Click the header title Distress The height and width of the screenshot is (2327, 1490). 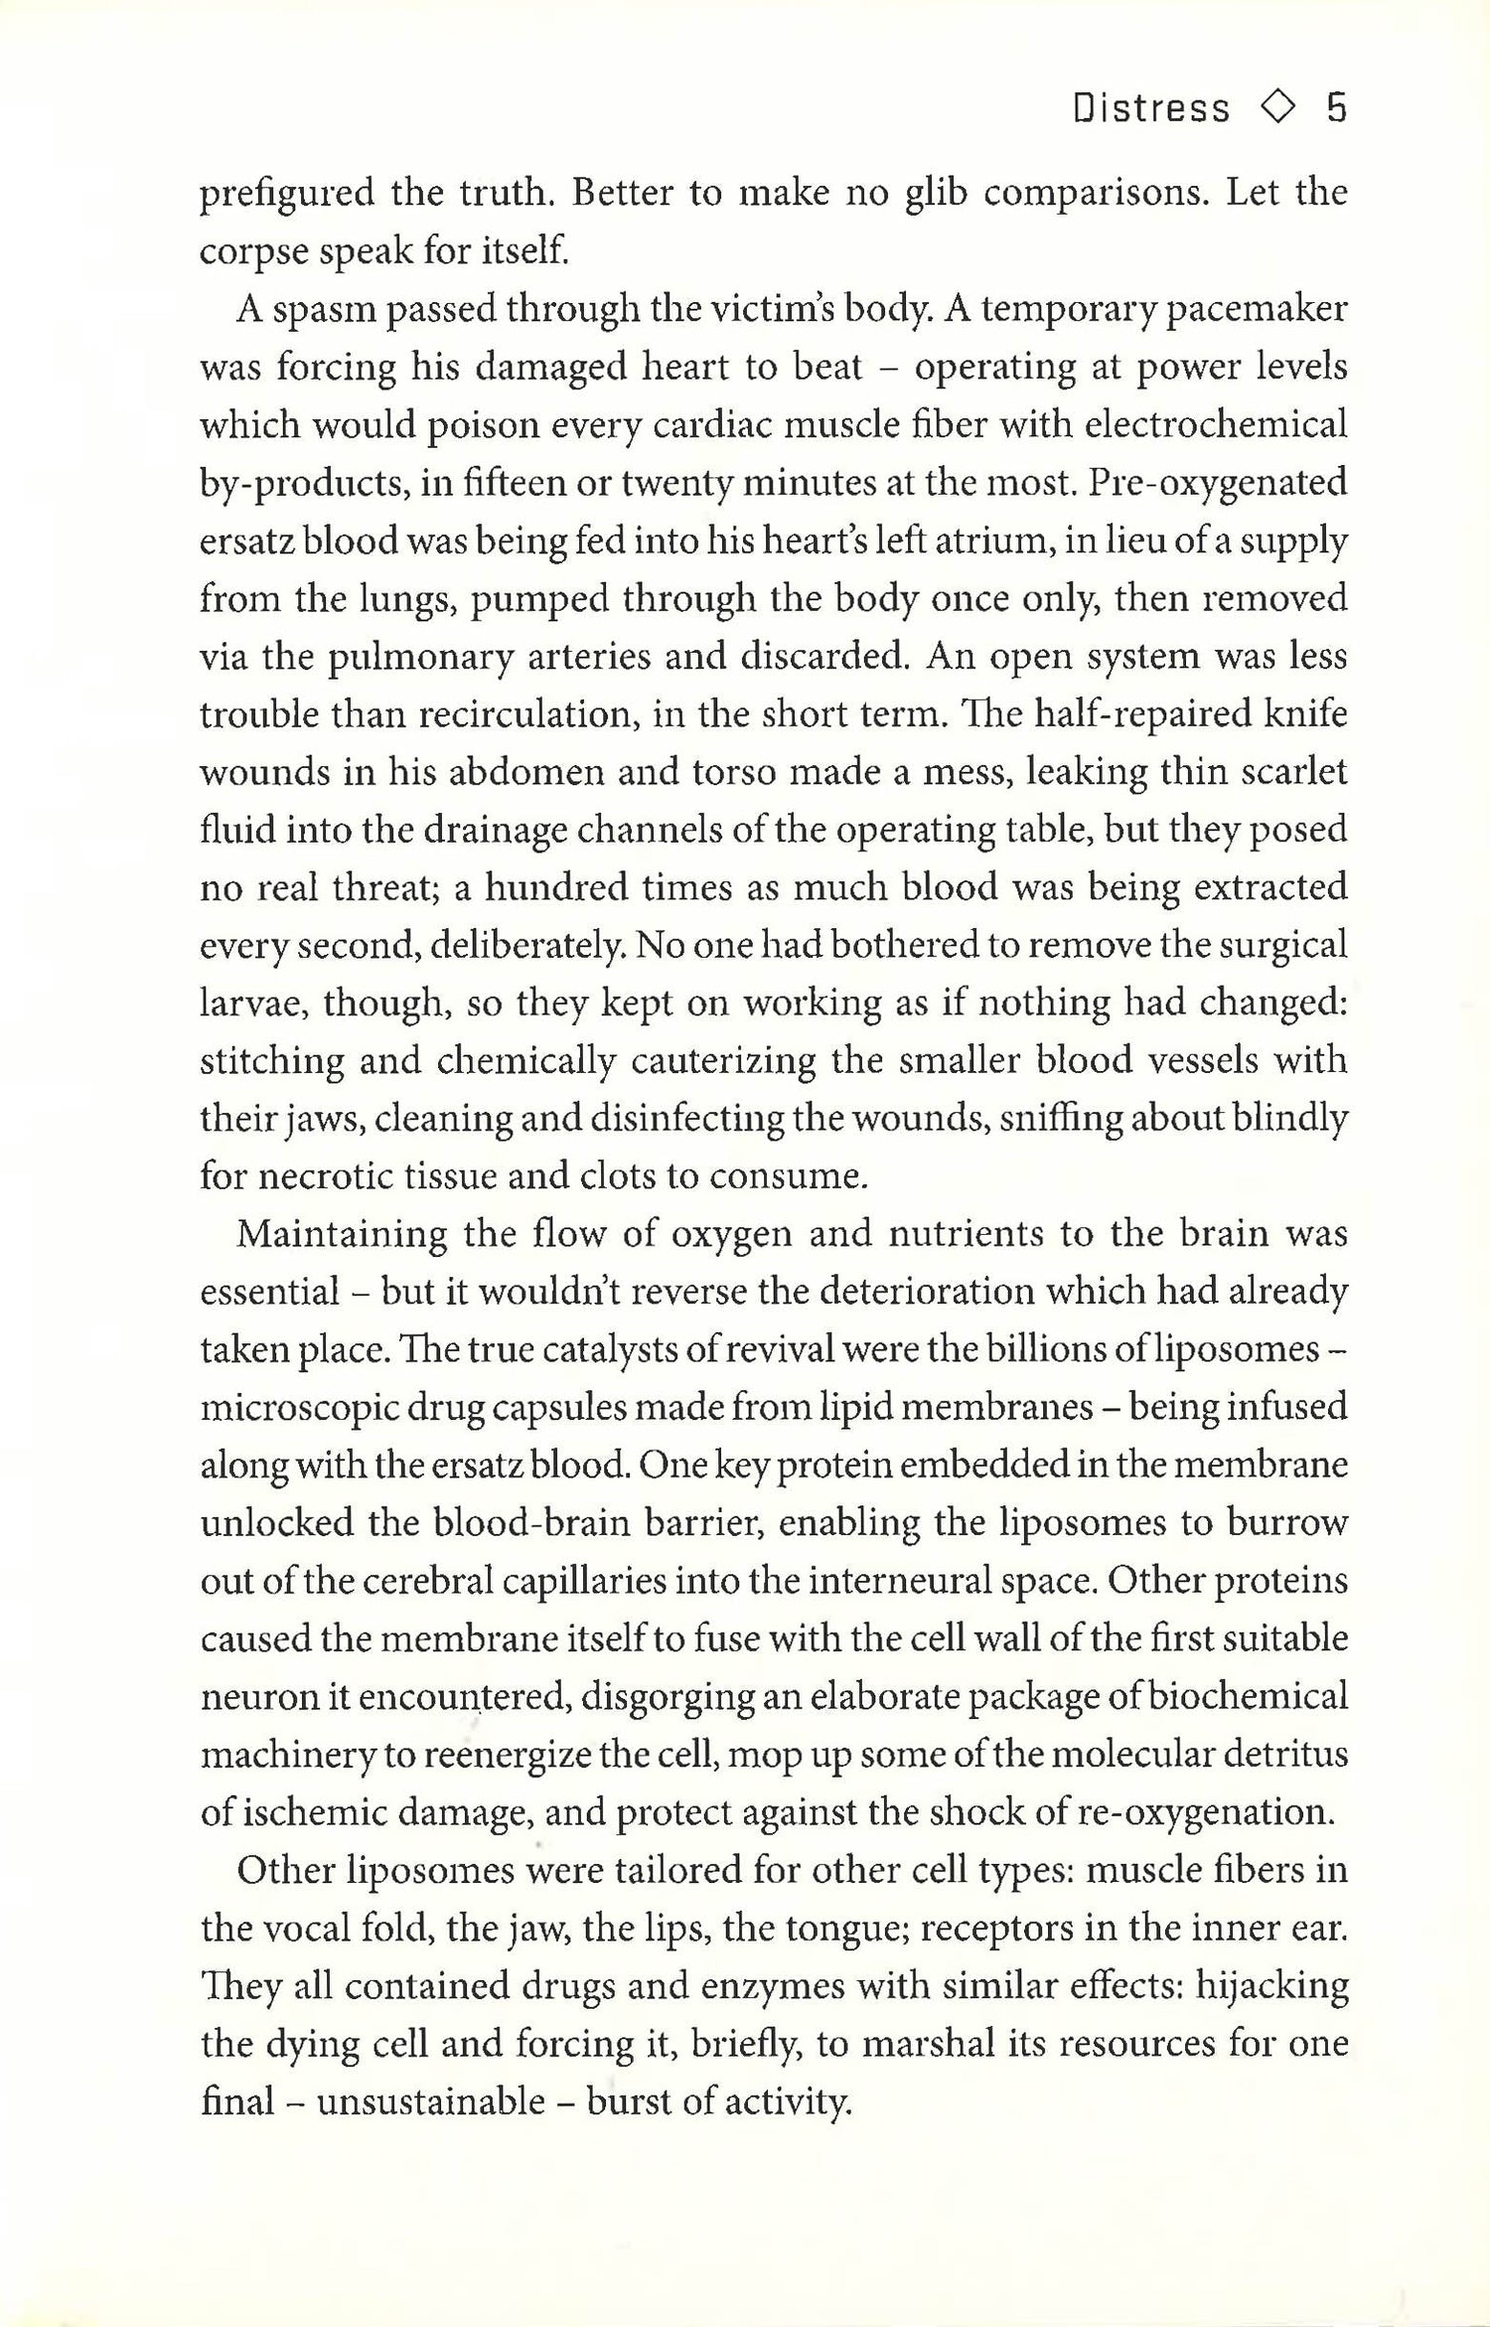[x=1150, y=107]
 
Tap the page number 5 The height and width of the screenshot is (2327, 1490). [x=1336, y=107]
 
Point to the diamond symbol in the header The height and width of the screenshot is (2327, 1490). [x=1277, y=107]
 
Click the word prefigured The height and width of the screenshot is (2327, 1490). [x=286, y=193]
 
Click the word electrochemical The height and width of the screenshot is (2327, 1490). [x=1215, y=424]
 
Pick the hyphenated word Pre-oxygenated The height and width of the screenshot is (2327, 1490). [x=1218, y=483]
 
